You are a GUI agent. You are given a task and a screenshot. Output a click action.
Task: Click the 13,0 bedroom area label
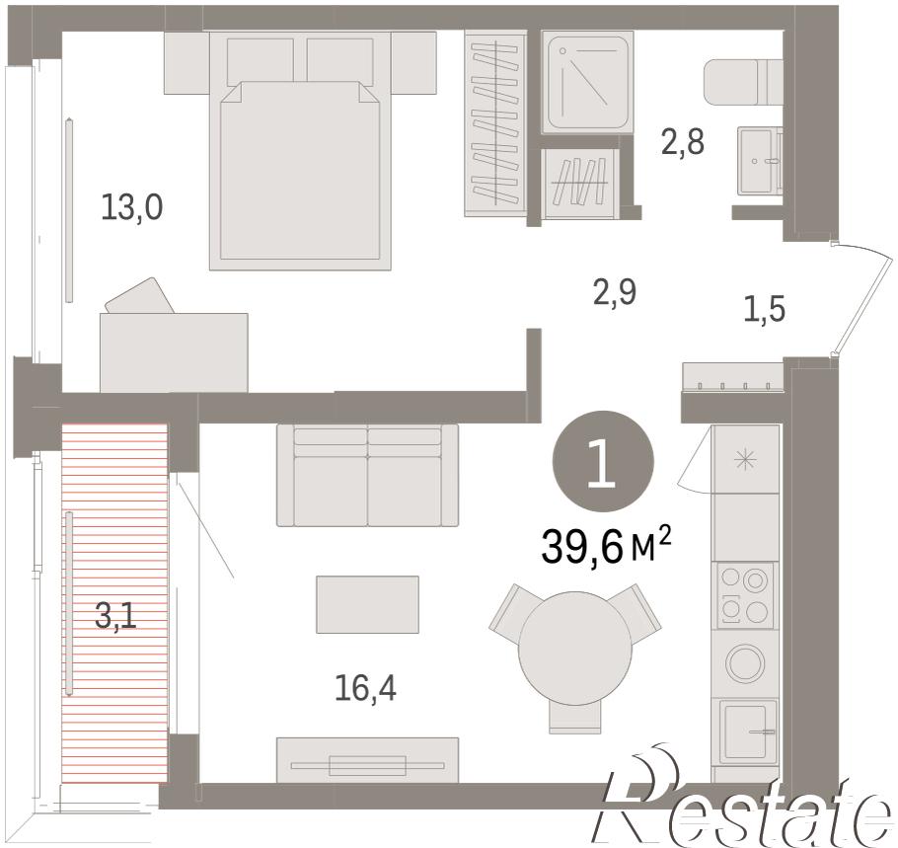131,207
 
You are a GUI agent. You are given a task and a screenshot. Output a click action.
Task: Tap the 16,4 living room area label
365,688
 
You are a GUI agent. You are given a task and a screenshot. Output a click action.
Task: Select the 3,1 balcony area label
115,617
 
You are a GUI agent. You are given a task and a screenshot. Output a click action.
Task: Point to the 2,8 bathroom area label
683,142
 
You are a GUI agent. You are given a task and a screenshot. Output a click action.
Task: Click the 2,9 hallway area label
615,292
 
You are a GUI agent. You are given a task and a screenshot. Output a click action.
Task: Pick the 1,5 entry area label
765,310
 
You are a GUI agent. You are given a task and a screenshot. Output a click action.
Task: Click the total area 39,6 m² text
606,548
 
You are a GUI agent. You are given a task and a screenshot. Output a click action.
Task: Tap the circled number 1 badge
603,462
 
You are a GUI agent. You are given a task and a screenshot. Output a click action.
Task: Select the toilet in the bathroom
742,82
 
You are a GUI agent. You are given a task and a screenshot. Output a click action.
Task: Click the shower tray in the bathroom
587,83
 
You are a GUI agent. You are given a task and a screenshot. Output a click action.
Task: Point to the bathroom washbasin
760,161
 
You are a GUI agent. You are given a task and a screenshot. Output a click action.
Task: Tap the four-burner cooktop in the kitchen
744,595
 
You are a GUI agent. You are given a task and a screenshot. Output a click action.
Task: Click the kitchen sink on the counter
748,732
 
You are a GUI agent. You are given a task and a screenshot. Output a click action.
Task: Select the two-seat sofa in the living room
368,475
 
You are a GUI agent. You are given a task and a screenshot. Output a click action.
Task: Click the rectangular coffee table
368,604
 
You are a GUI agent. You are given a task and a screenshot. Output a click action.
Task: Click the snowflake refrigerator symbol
745,459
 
